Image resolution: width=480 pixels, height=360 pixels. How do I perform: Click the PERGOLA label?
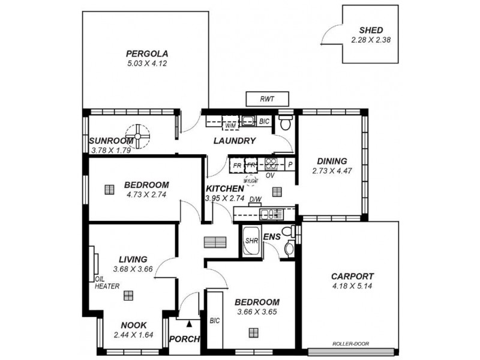tap(142, 52)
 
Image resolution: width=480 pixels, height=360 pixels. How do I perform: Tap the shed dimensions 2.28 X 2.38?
tap(371, 40)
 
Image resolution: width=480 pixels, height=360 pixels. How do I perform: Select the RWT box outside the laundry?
tap(268, 99)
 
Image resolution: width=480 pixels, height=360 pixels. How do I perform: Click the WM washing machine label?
tap(230, 126)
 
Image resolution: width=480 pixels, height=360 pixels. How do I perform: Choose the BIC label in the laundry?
tap(265, 122)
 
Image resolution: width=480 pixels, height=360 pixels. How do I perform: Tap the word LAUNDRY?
tap(235, 141)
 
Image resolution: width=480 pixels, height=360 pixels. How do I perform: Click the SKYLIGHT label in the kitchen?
tap(250, 179)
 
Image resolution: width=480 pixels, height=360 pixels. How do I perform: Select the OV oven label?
tap(269, 175)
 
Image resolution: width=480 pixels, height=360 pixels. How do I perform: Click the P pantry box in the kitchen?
tap(290, 164)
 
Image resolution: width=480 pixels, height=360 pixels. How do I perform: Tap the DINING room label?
tap(332, 161)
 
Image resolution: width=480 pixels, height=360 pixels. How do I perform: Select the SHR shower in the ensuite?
tap(251, 241)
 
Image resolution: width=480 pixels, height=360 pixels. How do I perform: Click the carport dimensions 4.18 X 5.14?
tap(352, 286)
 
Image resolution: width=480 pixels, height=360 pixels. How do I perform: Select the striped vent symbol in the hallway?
tap(212, 242)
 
